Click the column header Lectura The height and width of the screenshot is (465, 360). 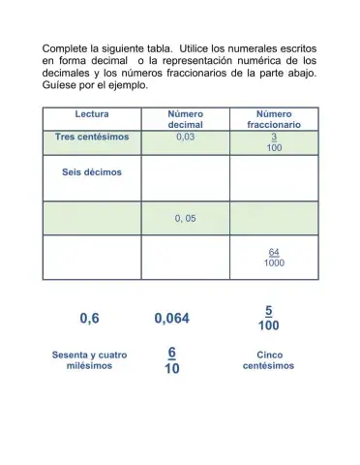point(91,114)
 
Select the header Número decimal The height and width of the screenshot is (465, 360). point(185,119)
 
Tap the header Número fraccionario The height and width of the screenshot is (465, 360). point(274,119)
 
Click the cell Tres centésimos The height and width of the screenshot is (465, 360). point(91,138)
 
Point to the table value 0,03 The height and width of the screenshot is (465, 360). point(185,138)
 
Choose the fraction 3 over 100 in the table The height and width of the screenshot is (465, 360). point(274,142)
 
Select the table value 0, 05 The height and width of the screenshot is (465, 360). point(185,218)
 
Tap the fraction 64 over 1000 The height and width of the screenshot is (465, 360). point(274,257)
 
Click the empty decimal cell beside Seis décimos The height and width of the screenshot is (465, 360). point(185,178)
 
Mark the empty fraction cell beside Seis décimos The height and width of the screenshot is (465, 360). point(274,178)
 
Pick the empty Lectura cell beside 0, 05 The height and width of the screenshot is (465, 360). point(91,218)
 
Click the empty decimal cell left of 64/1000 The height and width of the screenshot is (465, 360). point(185,257)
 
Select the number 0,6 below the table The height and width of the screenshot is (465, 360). point(89,318)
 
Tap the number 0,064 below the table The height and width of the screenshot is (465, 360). point(172,318)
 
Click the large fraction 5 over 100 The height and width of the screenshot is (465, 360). point(268,318)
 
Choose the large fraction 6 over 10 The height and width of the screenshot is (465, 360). point(171,360)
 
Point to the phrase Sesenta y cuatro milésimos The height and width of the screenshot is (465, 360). point(89,360)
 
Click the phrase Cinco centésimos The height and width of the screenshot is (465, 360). point(268,360)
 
